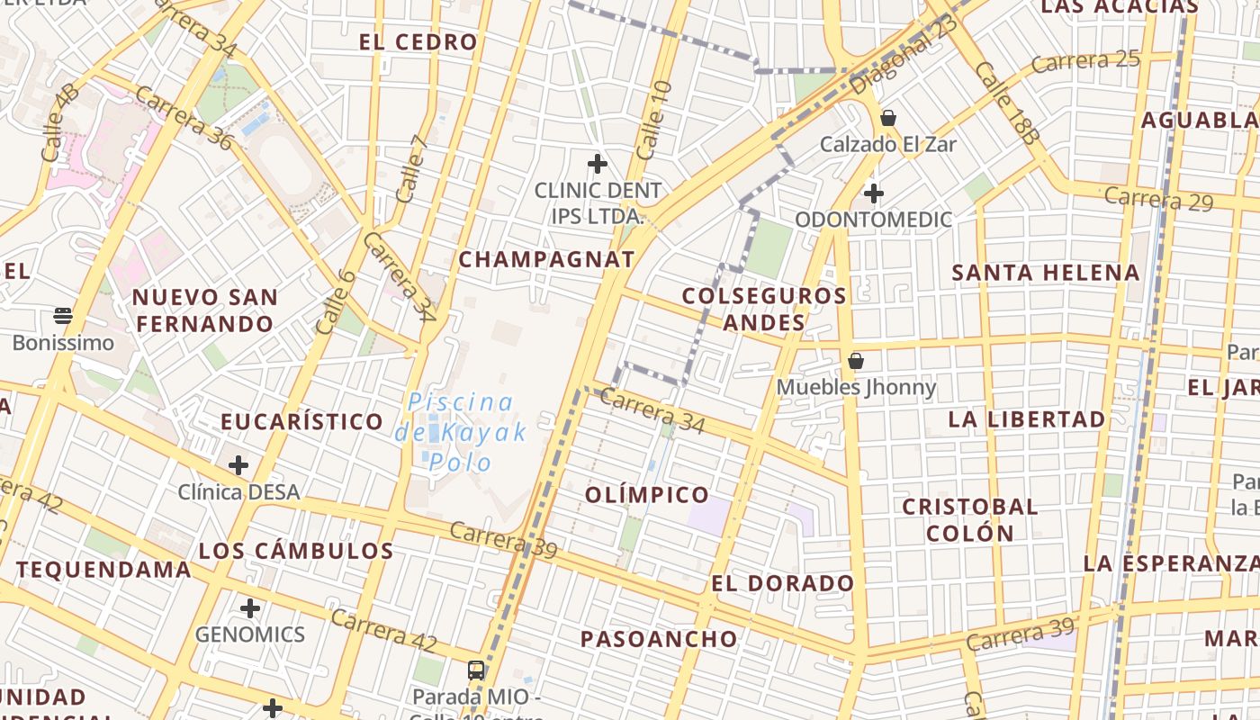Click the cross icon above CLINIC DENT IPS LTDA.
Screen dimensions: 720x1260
coord(597,164)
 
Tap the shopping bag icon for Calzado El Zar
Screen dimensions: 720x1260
coord(888,118)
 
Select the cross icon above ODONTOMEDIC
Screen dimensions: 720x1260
coord(873,193)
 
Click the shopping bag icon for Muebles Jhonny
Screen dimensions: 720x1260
coord(856,361)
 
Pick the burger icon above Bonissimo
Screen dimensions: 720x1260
coord(63,315)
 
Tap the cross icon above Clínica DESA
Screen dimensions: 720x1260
coord(238,465)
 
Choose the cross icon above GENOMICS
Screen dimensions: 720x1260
coord(250,608)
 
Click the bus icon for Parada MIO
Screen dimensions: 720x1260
coord(476,670)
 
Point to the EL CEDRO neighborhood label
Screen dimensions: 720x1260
coord(418,42)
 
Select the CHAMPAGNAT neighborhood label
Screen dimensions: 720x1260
coord(546,260)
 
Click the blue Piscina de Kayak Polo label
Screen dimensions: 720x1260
coord(460,432)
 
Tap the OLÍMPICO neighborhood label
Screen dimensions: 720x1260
coord(647,495)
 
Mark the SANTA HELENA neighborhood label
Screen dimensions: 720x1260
coord(1046,273)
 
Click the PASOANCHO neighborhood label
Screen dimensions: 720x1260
coord(659,640)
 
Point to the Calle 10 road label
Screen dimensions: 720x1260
coord(653,120)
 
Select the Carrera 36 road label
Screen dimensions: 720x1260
coord(184,117)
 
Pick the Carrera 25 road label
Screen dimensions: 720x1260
coord(1085,62)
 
